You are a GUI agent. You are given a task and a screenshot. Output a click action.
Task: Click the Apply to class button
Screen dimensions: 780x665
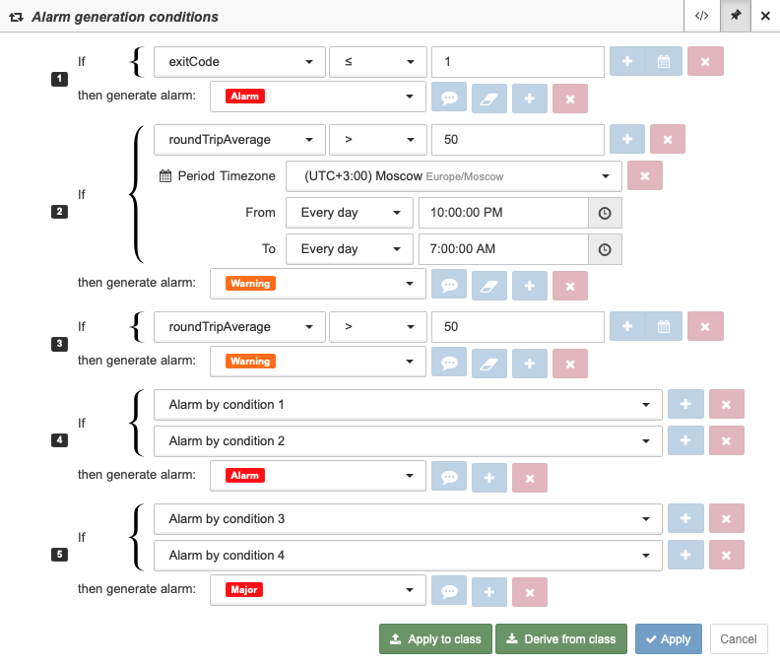pos(435,638)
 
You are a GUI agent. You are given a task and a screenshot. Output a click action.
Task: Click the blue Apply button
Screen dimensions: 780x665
pos(668,638)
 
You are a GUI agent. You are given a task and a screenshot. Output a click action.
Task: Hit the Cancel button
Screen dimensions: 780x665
pos(739,638)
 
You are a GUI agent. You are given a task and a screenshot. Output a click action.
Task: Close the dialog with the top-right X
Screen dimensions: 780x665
pos(765,16)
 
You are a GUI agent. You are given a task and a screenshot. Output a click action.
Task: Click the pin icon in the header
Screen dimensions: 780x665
pos(736,16)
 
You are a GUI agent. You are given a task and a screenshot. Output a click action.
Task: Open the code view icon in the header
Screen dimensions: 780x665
pos(702,16)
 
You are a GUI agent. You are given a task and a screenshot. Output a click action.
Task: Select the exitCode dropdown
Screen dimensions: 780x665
pos(239,62)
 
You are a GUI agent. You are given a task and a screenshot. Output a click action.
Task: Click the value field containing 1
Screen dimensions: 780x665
pos(518,62)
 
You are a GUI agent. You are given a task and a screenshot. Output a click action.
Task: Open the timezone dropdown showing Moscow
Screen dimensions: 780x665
pos(454,176)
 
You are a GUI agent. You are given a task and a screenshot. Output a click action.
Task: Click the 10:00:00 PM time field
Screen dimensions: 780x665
pos(503,213)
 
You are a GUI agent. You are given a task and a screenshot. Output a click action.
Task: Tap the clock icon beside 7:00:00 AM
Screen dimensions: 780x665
pos(605,249)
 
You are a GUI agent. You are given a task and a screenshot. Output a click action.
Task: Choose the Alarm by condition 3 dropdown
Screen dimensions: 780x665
pos(408,518)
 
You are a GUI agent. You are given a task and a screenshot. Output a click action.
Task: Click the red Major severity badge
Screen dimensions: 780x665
pos(244,590)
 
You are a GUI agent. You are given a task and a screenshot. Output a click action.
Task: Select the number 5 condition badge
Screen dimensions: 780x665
pos(60,555)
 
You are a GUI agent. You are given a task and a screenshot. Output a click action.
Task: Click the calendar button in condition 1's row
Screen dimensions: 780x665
pos(664,62)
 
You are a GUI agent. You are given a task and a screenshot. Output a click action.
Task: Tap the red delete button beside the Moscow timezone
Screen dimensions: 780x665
pos(645,175)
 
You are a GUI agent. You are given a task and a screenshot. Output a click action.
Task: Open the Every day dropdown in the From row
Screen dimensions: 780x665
pos(350,213)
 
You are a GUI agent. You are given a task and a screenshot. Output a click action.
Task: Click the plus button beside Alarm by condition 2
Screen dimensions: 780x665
pos(685,440)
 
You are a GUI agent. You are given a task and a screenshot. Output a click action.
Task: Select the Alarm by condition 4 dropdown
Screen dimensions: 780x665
pos(408,555)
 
